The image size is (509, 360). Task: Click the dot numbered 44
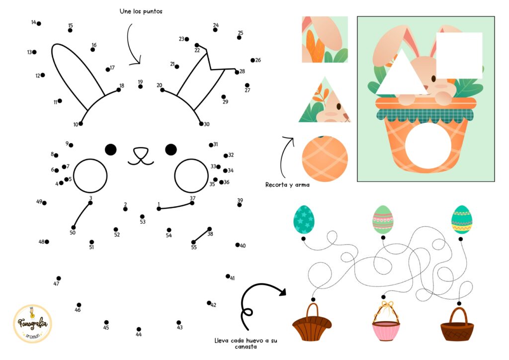tap(139, 329)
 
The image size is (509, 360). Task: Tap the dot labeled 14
tap(39, 23)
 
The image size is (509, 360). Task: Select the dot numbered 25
tap(239, 38)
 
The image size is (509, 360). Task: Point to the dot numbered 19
tap(140, 87)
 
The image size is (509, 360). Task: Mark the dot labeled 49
tap(44, 203)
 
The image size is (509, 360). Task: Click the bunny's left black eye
tap(111, 149)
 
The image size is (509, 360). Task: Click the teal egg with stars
tap(304, 219)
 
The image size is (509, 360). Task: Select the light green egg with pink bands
tap(383, 219)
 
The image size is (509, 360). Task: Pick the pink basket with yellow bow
tap(386, 321)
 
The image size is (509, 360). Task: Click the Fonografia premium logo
tap(32, 323)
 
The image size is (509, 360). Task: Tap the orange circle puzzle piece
tap(325, 159)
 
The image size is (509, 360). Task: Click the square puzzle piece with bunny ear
tap(325, 40)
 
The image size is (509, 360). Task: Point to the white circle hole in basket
tap(428, 146)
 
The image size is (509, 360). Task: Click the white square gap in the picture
tap(459, 56)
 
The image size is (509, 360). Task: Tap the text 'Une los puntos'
tap(141, 11)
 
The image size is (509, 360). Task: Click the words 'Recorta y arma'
tap(287, 184)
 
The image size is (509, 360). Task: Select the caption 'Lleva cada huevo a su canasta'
tap(246, 344)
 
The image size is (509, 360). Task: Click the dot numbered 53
tap(142, 216)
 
